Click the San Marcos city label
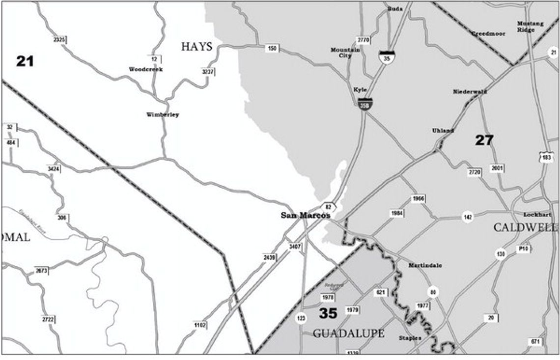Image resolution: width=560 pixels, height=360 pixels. click(x=305, y=215)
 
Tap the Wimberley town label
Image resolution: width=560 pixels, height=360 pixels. click(x=163, y=115)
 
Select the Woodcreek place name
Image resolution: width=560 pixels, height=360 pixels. click(x=146, y=69)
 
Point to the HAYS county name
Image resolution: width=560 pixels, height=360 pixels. click(x=196, y=47)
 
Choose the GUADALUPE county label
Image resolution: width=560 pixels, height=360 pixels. click(x=348, y=333)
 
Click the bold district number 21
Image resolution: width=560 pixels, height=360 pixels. click(x=25, y=61)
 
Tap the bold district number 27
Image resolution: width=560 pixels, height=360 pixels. click(x=484, y=140)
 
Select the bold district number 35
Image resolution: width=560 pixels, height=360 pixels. click(x=328, y=313)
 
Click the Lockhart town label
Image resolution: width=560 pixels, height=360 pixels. click(x=537, y=215)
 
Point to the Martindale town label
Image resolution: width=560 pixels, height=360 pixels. click(x=425, y=265)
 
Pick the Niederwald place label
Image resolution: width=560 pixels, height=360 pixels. click(x=470, y=91)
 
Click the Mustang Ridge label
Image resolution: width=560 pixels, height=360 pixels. click(x=526, y=27)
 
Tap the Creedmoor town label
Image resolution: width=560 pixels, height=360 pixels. click(x=488, y=33)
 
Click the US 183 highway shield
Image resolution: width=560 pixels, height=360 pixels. click(x=546, y=158)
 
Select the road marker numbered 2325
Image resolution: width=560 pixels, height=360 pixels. click(x=59, y=39)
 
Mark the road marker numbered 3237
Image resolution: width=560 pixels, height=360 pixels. click(x=208, y=72)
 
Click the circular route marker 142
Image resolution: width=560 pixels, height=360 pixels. click(x=467, y=217)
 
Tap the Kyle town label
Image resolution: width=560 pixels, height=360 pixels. click(x=360, y=90)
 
